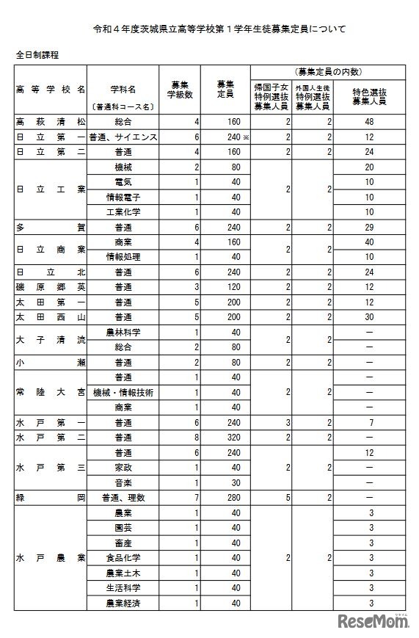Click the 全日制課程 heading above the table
pyautogui.click(x=37, y=54)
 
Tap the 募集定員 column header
pyautogui.click(x=225, y=90)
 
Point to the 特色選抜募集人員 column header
pyautogui.click(x=369, y=96)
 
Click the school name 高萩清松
pyautogui.click(x=50, y=122)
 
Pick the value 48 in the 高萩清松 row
pyautogui.click(x=371, y=122)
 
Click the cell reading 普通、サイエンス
pyautogui.click(x=123, y=137)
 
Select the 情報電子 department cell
pyautogui.click(x=123, y=197)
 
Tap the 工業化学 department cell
pyautogui.click(x=123, y=212)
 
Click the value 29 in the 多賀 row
pyautogui.click(x=371, y=228)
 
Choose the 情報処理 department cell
pyautogui.click(x=123, y=257)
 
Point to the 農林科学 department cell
pyautogui.click(x=123, y=332)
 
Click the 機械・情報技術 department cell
pyautogui.click(x=123, y=392)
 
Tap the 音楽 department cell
pyautogui.click(x=123, y=482)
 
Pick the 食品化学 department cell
pyautogui.click(x=123, y=557)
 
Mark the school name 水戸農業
pyautogui.click(x=50, y=557)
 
